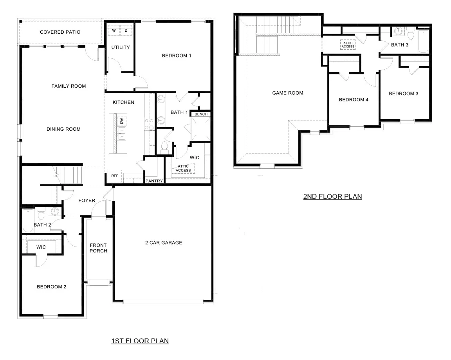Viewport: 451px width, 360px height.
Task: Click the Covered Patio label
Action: pos(60,32)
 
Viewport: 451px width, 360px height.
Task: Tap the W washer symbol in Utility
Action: pos(114,30)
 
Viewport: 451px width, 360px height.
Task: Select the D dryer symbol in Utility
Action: pos(126,30)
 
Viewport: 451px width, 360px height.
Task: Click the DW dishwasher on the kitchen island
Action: pos(122,121)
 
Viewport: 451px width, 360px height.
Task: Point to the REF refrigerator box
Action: pos(114,176)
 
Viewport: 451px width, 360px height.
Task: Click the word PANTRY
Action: pos(154,181)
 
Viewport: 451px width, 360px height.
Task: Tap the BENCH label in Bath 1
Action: pos(201,114)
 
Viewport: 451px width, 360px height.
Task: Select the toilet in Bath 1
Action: pos(164,148)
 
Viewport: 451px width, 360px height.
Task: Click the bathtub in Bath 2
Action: pos(28,220)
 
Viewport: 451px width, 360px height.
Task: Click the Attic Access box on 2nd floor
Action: pos(348,45)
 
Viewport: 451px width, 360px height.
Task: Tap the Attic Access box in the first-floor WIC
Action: pos(183,168)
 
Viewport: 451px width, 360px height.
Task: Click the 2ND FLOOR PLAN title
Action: pos(332,196)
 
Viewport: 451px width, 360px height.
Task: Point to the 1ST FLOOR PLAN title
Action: pos(140,341)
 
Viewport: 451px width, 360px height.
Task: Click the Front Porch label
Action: pos(98,248)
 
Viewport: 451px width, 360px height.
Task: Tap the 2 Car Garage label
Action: pos(163,243)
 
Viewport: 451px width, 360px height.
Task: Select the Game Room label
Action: pos(288,93)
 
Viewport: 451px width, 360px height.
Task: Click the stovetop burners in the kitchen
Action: pos(149,124)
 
